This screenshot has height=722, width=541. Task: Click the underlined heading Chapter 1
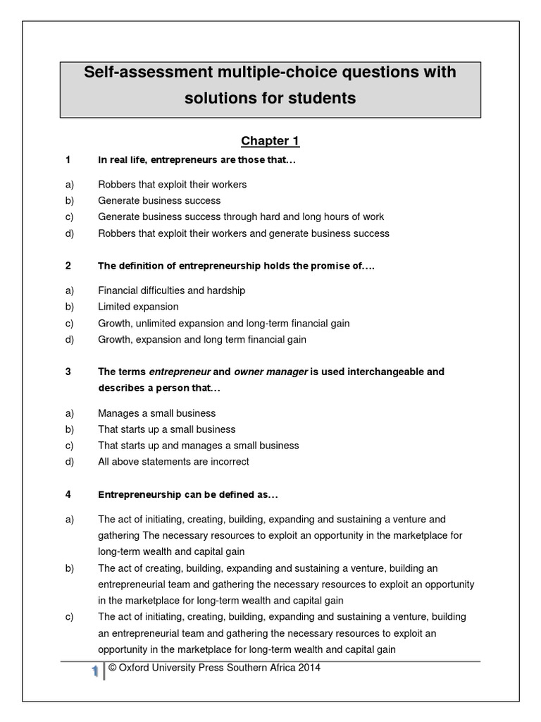270,141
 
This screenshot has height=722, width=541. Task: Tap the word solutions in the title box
220,98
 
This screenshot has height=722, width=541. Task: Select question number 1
68,160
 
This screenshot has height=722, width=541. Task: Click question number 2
68,266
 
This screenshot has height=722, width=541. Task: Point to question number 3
68,372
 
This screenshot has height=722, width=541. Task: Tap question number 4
68,494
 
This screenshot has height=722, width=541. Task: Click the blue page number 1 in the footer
94,673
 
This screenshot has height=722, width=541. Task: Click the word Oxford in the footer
135,668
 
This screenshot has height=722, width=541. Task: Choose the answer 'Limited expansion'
138,307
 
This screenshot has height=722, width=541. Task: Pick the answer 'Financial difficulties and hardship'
171,290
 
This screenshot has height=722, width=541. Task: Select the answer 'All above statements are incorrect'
173,462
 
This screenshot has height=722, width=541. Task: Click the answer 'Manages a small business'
156,413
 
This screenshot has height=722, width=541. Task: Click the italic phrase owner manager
270,372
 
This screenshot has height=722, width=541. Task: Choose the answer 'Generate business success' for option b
159,200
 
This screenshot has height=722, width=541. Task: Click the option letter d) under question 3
69,462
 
